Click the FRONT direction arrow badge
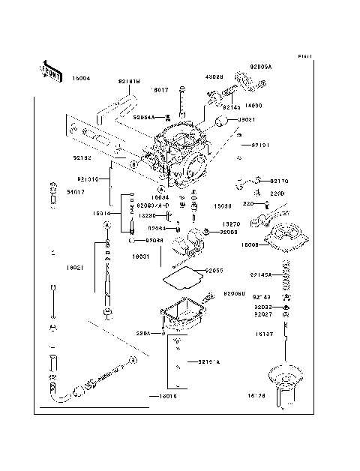pos(50,70)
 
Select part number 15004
pos(82,78)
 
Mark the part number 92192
pos(82,158)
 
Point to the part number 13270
pos(232,223)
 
